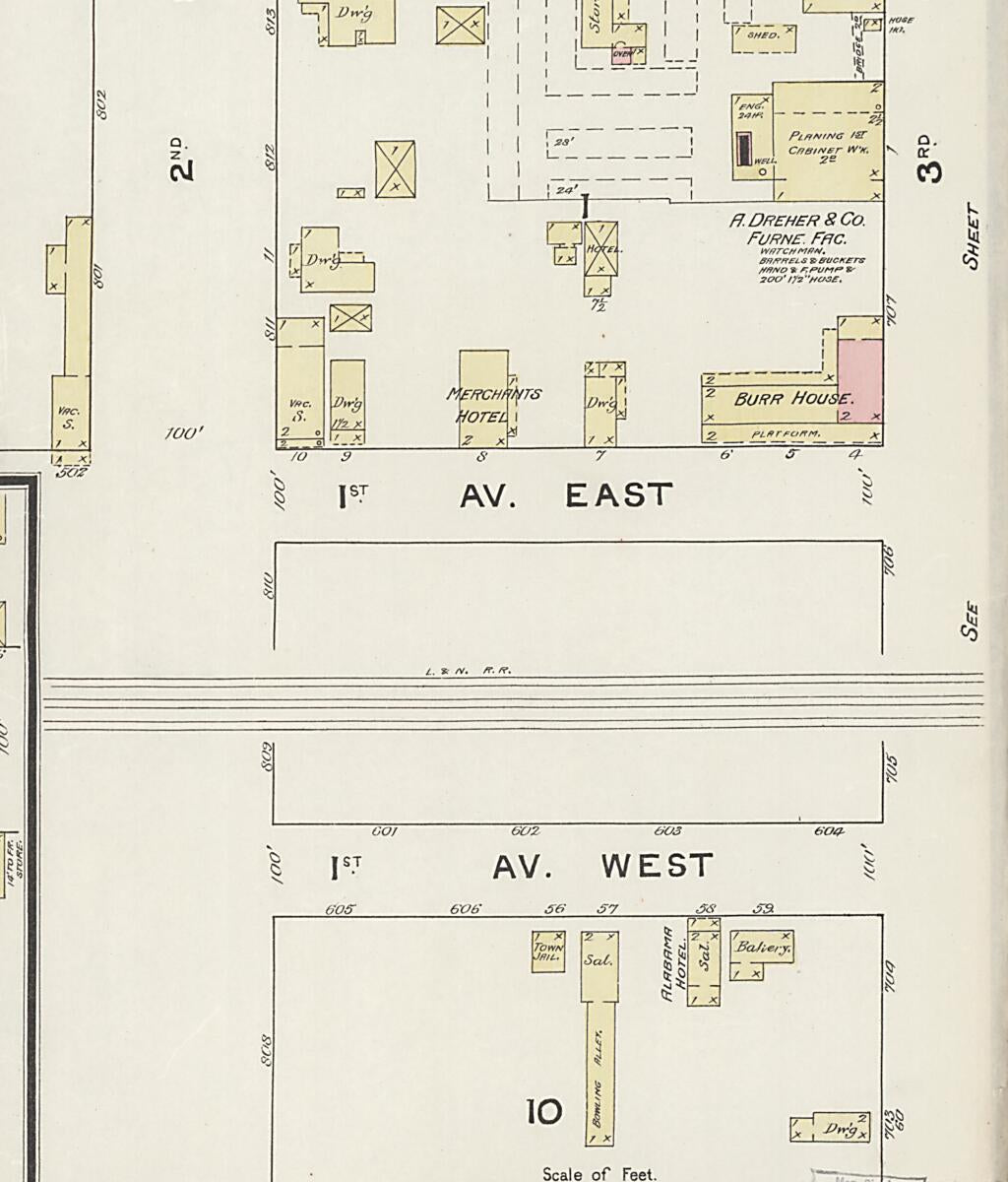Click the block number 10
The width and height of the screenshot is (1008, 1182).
click(543, 1112)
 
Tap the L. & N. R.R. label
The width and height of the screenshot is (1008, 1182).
click(468, 672)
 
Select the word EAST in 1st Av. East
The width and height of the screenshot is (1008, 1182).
click(619, 495)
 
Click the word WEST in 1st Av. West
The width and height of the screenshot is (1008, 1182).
click(657, 866)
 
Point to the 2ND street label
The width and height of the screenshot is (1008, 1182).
click(182, 159)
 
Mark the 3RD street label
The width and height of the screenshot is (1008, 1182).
click(928, 159)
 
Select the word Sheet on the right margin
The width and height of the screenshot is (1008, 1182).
click(973, 236)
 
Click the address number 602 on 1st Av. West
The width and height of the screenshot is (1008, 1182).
click(527, 831)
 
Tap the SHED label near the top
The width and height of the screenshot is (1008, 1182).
click(763, 35)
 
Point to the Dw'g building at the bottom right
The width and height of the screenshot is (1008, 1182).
click(839, 1129)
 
